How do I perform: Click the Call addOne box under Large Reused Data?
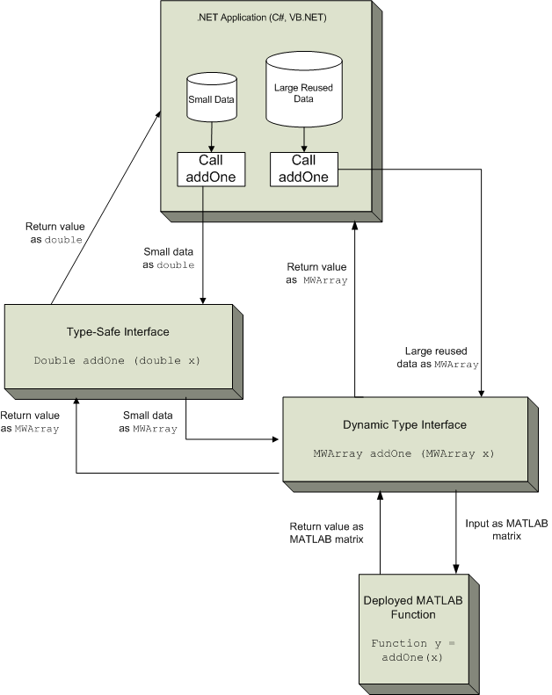[x=303, y=168]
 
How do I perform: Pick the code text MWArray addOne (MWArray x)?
[x=404, y=453]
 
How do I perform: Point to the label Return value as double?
[x=53, y=233]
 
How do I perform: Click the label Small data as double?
[x=169, y=257]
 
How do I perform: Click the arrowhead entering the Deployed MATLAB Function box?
[x=456, y=568]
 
